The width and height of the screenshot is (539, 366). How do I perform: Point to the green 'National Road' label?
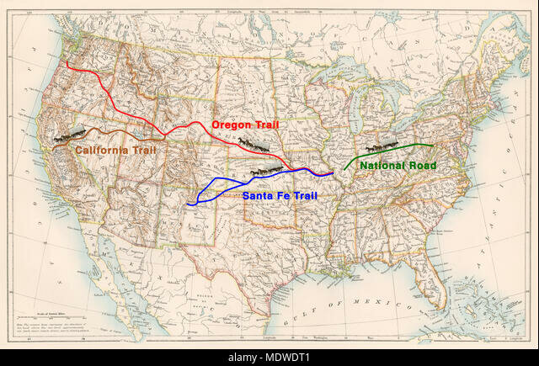tap(398, 166)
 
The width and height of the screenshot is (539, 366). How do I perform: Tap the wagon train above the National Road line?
tap(382, 147)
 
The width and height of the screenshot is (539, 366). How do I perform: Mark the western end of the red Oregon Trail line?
tap(68, 62)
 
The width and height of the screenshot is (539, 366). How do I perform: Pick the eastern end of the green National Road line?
tap(435, 146)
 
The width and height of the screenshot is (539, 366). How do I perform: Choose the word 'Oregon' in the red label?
tap(230, 125)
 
